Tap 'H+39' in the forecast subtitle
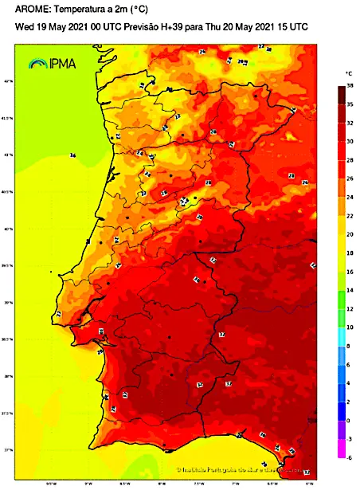click(171, 26)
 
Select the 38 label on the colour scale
click(350, 84)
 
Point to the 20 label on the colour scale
click(350, 234)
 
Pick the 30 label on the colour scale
click(350, 141)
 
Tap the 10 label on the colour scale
click(350, 327)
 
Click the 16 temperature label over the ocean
click(72, 155)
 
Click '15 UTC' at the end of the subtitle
click(291, 26)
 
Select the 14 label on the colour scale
click(350, 290)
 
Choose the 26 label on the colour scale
click(350, 178)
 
